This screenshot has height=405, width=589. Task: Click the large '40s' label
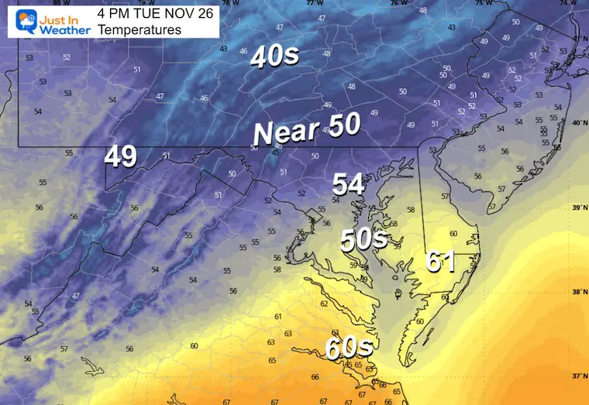point(274,57)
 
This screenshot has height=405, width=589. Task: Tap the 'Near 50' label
point(307,130)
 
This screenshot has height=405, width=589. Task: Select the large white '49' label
point(121,156)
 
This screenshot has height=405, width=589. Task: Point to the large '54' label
point(349,184)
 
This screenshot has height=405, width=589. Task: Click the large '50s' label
point(364,239)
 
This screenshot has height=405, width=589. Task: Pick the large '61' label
point(440,262)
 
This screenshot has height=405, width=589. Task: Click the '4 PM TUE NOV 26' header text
point(146,13)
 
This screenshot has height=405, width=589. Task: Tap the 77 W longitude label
point(314,3)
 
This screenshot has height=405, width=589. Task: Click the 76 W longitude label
point(398,3)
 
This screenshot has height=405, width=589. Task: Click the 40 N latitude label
point(577,123)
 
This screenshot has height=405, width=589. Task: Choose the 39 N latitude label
point(577,208)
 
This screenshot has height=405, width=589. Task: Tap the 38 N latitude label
point(577,292)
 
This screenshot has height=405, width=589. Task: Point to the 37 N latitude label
point(577,376)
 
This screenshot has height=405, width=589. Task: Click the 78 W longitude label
point(230,3)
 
